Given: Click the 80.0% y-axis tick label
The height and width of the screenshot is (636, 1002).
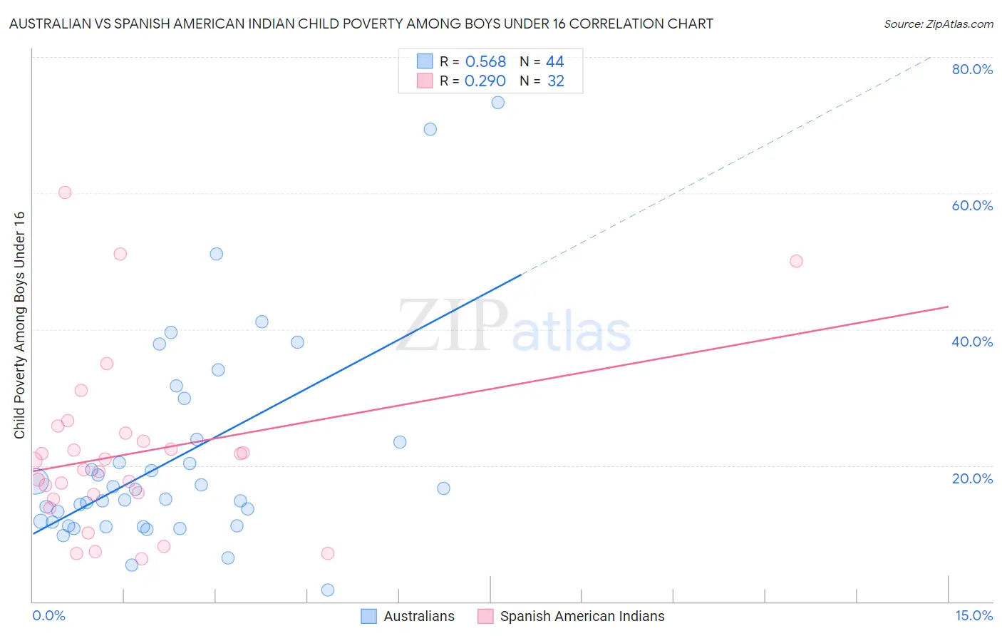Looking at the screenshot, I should pos(972,69).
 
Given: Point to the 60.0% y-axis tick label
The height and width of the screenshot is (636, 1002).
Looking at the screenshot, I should pos(972,205).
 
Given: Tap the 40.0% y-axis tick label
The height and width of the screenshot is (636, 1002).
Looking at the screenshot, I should pos(972,342).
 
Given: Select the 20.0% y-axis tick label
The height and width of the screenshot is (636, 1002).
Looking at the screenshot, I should pos(972,478).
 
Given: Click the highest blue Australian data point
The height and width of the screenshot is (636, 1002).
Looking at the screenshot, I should pos(498,103).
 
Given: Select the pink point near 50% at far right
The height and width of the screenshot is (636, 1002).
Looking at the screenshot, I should pos(797,261).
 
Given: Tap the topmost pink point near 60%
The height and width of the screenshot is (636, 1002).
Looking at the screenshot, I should pos(65,193).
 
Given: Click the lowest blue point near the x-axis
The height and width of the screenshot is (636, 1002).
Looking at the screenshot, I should pos(328,590).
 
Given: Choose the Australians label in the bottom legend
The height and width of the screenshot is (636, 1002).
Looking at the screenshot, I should pos(419,617).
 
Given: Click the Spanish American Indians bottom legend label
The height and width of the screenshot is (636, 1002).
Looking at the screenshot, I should pos(582,617).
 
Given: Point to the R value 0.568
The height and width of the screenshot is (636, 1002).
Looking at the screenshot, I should pos(485,62).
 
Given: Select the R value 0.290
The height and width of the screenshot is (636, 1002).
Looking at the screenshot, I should pos(485,81).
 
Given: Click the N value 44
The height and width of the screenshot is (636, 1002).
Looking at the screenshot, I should pos(555,62).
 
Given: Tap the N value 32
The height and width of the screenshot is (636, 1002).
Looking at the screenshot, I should pos(556,81).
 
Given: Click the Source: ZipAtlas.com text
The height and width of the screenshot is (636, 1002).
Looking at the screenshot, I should pos(938,24).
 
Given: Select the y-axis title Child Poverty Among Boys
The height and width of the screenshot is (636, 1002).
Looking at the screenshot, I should pos(20,325).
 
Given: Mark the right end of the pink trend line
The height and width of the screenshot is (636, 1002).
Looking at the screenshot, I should pos(948,307).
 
